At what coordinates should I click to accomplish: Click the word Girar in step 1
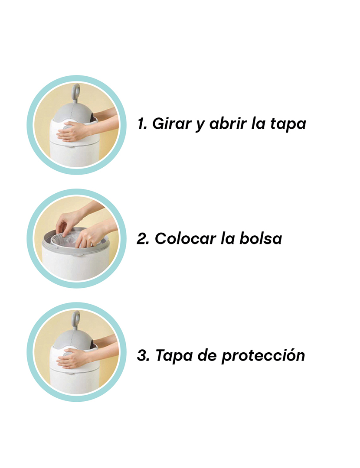click(x=171, y=124)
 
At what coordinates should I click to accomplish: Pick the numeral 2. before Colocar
click(x=143, y=238)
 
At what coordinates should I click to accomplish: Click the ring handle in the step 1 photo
click(x=77, y=91)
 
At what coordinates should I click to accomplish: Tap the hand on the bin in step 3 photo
click(x=72, y=358)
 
